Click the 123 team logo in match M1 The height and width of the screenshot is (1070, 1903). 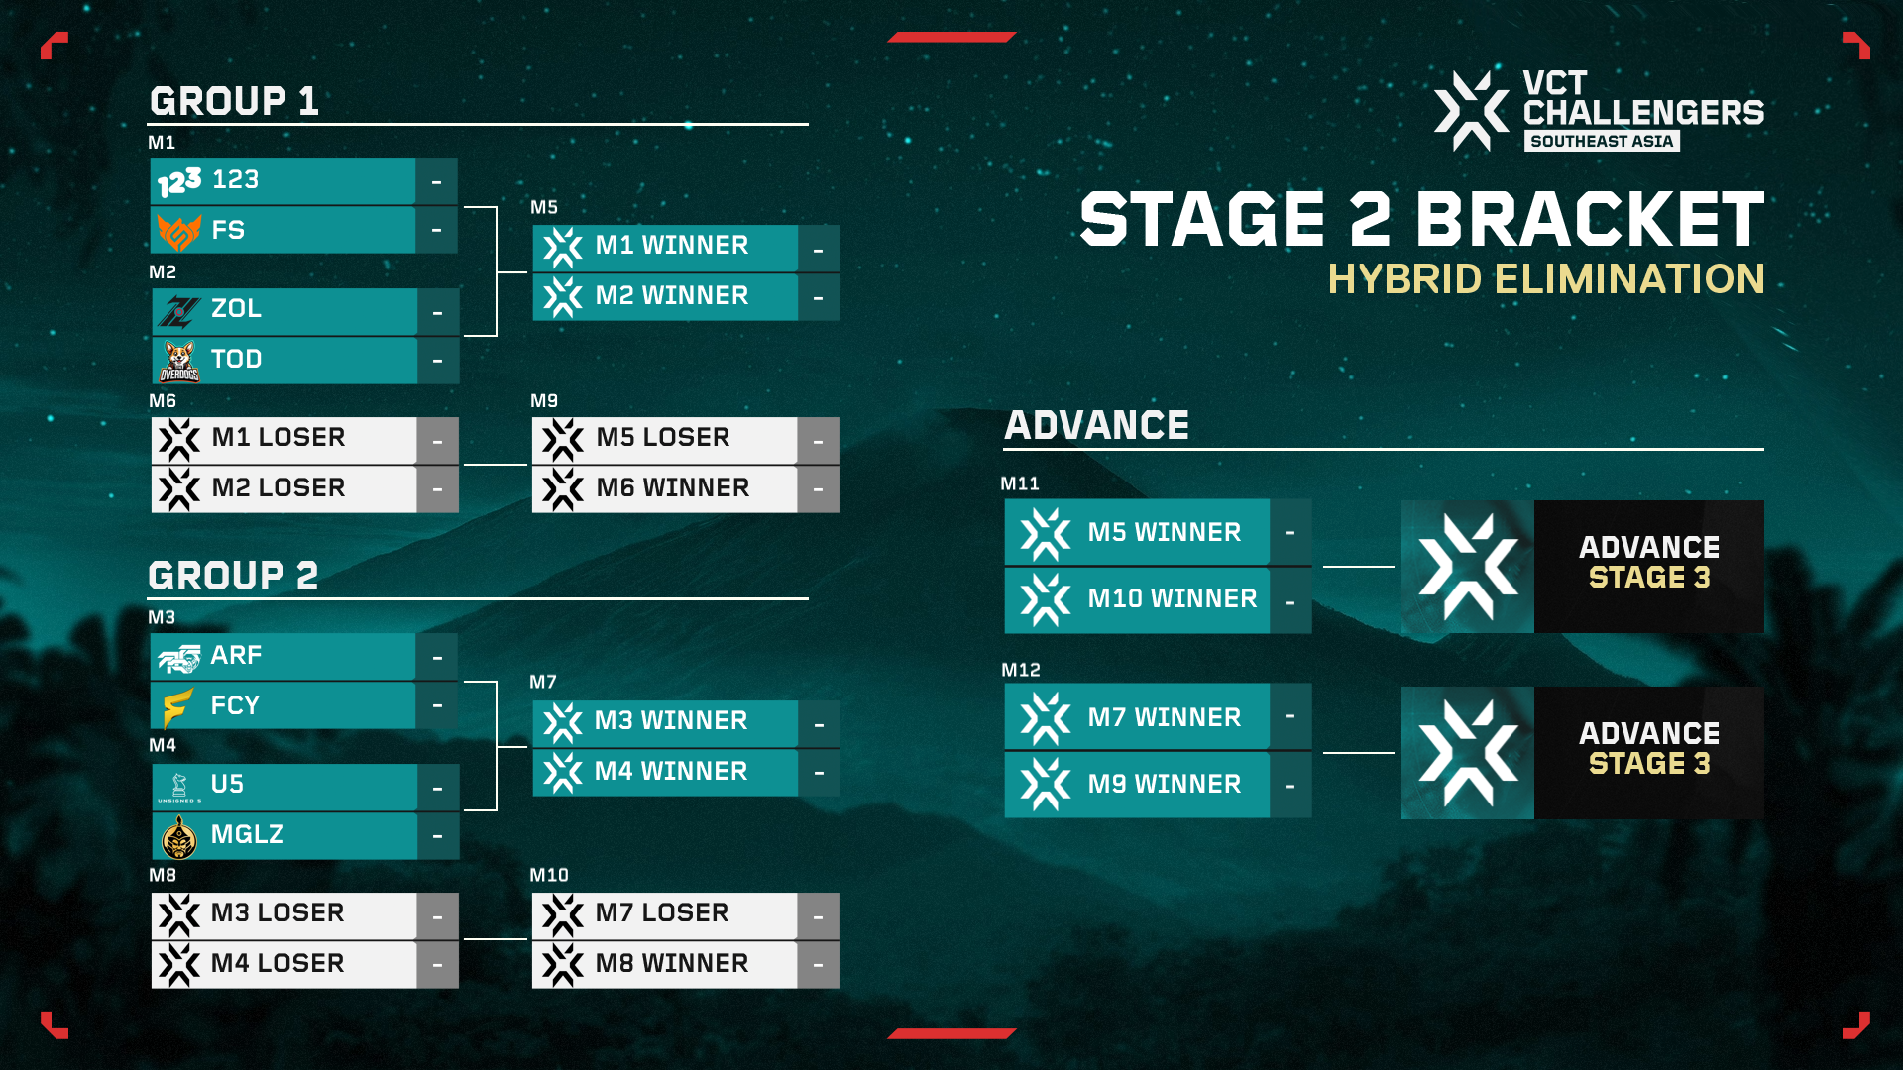point(179,181)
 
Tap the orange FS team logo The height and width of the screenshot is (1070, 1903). point(178,231)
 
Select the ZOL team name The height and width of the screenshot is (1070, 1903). point(236,309)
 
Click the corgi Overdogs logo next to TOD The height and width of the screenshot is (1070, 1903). point(178,361)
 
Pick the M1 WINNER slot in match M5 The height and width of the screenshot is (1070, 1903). point(671,246)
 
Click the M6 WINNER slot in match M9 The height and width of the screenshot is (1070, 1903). point(672,488)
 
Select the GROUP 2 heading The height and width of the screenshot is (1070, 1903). point(233,576)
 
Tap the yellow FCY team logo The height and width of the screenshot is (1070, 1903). point(177,707)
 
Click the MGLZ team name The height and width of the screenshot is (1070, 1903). point(247,835)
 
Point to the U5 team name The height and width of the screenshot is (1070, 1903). point(227,785)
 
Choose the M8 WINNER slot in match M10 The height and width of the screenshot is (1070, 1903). point(671,964)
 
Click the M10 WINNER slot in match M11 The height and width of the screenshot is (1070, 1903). point(1172,599)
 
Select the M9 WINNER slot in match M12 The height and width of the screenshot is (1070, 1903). point(1164,785)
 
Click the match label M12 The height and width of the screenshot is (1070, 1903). point(1020,671)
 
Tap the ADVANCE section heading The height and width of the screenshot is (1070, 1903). point(1096,426)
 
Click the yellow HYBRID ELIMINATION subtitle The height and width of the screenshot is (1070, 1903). point(1545,279)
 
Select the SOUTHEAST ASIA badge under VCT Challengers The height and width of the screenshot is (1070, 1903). point(1601,142)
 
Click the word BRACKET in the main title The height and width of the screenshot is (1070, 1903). point(1589,220)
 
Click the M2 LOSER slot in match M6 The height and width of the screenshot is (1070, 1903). point(278,488)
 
